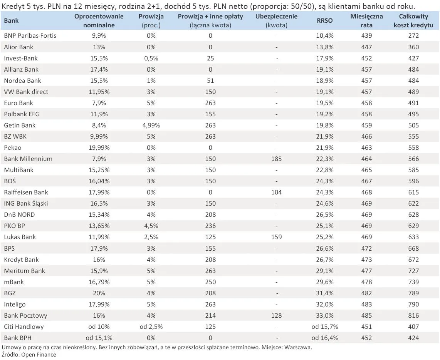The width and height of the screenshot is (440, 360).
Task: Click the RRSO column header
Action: [x=325, y=21]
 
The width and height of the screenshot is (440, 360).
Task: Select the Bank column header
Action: [x=11, y=21]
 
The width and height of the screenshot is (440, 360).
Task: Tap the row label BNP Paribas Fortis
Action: [x=30, y=35]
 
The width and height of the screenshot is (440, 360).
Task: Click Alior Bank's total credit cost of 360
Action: [x=413, y=47]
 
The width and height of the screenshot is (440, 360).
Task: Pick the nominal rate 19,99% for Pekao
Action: [x=99, y=148]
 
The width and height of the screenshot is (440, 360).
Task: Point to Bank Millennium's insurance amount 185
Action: [x=276, y=159]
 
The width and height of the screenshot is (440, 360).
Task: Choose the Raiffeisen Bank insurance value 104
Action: [x=276, y=193]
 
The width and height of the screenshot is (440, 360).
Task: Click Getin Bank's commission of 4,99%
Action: [x=151, y=126]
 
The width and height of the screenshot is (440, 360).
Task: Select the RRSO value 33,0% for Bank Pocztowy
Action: [x=325, y=315]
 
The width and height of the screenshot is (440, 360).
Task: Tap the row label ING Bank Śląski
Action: [x=26, y=204]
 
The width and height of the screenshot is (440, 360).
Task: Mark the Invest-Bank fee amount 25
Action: [x=210, y=58]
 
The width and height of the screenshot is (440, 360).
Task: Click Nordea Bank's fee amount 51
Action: [x=210, y=81]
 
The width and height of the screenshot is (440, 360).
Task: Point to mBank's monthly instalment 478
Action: [x=366, y=282]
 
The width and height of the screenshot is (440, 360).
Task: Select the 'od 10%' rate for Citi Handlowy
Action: [x=99, y=327]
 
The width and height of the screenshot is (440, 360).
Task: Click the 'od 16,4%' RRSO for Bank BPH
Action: [x=325, y=338]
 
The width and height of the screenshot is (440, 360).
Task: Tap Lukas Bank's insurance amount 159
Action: [x=276, y=237]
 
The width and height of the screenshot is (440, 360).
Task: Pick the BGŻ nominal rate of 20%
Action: [x=99, y=293]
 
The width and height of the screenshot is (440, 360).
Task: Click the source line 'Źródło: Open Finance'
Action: [x=29, y=355]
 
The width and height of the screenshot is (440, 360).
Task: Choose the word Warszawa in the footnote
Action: [x=298, y=347]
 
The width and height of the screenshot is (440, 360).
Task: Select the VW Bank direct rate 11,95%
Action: [x=99, y=92]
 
